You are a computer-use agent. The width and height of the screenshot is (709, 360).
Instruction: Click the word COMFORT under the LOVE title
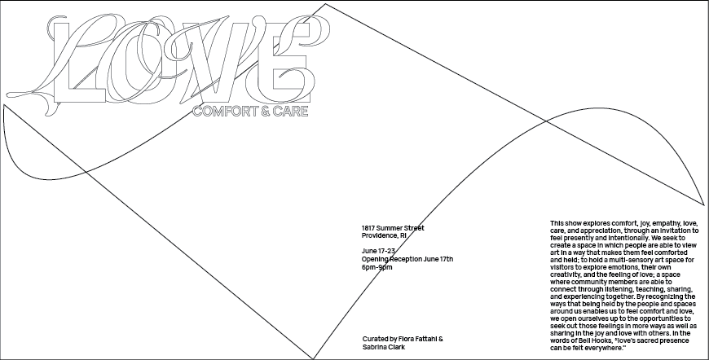218,109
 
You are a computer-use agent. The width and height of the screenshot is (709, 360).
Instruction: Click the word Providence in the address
380,235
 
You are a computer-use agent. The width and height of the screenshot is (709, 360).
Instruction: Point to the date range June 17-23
380,251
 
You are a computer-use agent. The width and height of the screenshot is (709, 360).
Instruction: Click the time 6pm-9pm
377,267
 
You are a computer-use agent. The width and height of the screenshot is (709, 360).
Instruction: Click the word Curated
377,338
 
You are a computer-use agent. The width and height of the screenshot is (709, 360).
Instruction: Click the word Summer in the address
394,228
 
